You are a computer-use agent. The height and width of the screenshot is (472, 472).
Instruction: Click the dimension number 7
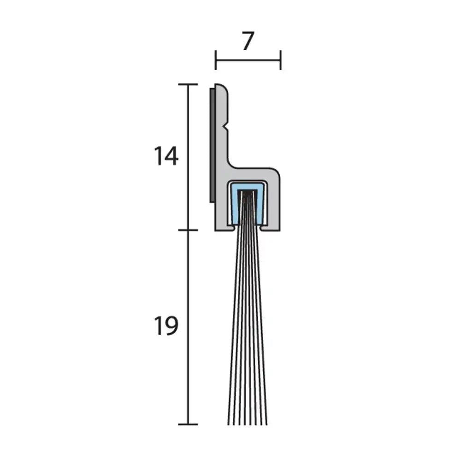pos(248,41)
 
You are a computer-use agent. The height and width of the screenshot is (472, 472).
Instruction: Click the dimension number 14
pos(166,156)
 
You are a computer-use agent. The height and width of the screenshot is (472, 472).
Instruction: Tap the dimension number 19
pos(166,326)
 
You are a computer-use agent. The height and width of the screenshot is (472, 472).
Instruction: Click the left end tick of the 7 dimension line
pos(216,60)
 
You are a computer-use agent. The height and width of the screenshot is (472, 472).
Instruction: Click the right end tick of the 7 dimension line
pos(281,60)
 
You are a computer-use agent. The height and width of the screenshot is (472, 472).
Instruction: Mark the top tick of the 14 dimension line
pos(188,85)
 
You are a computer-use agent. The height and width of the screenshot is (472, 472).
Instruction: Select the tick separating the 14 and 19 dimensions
pos(188,230)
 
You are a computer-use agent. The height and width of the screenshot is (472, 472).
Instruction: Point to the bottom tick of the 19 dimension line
pos(188,425)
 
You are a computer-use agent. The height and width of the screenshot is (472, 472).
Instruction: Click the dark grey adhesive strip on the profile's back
pos(212,145)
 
